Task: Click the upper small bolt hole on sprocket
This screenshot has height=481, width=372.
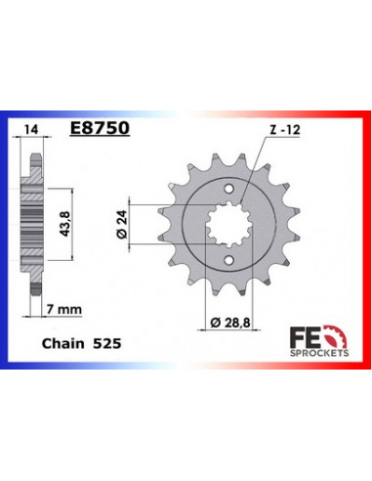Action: pos(227,188)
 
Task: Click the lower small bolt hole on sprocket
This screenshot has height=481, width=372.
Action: pos(227,261)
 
